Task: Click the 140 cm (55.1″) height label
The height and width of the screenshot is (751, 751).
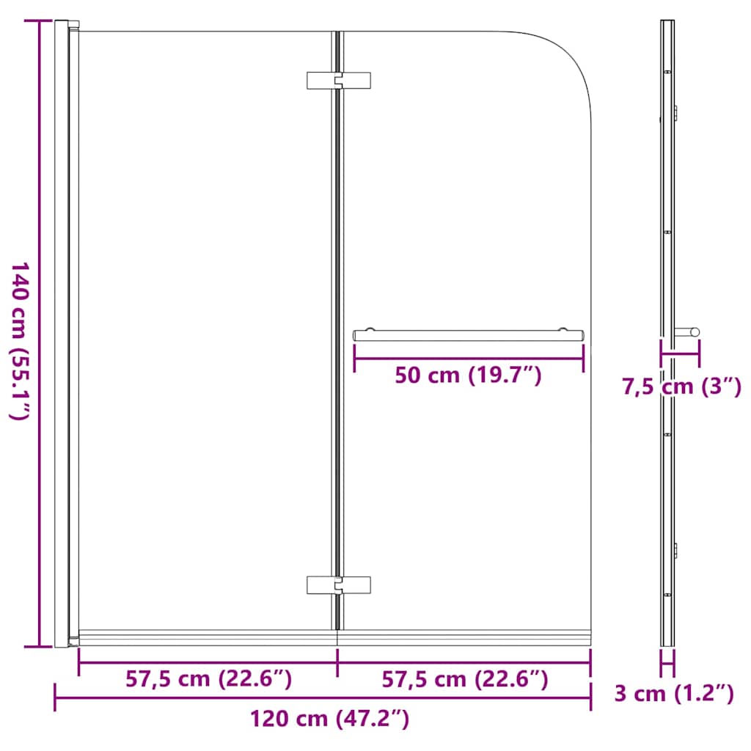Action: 19,340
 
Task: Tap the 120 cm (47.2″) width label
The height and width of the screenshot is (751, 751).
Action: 329,718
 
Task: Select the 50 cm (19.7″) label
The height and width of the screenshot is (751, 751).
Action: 468,375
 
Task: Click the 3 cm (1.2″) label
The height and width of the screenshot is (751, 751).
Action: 674,692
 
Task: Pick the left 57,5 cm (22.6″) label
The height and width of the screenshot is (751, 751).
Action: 209,679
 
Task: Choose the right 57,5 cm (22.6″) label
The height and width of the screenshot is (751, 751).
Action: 465,679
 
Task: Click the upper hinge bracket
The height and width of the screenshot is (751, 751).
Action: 338,81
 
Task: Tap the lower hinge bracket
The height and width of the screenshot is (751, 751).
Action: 338,584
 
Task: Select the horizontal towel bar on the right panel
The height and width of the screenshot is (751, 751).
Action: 469,334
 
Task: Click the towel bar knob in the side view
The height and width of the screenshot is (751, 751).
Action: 689,331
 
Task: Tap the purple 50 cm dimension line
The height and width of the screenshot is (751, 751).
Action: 469,357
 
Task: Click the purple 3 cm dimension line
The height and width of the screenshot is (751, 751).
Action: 667,665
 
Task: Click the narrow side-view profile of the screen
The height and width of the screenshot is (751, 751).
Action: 667,220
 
